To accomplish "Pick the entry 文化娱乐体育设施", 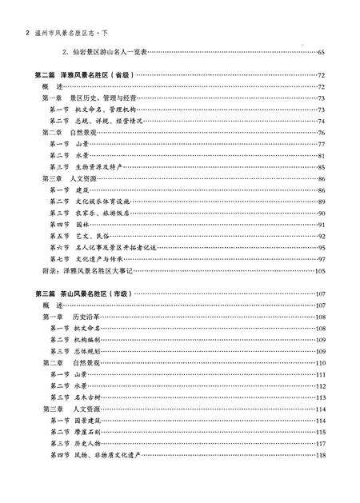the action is pos(103,202).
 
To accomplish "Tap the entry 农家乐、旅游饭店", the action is pos(103,214).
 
